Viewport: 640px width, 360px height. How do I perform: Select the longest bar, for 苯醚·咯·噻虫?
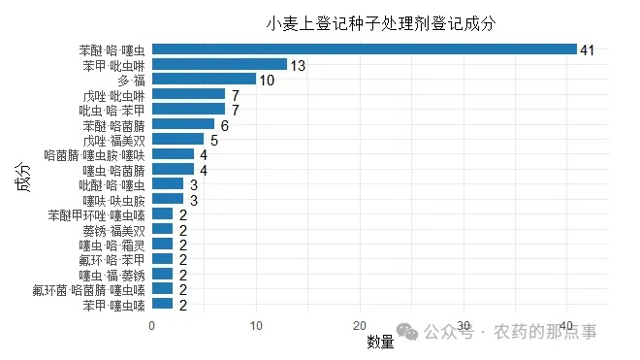365,49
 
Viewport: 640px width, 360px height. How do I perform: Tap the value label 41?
587,49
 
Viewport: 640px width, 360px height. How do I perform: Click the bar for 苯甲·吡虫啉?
220,64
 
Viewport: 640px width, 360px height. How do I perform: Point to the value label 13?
299,65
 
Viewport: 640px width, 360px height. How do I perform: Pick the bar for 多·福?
205,80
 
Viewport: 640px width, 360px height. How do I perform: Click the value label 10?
268,81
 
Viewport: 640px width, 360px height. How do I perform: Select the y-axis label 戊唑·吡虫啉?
113,96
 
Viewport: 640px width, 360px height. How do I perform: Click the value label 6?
225,126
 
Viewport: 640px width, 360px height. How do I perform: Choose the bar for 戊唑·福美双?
178,140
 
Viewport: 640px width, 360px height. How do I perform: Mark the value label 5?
214,142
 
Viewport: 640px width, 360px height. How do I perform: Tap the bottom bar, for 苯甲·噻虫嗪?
163,305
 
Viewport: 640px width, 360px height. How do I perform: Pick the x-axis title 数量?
380,342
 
